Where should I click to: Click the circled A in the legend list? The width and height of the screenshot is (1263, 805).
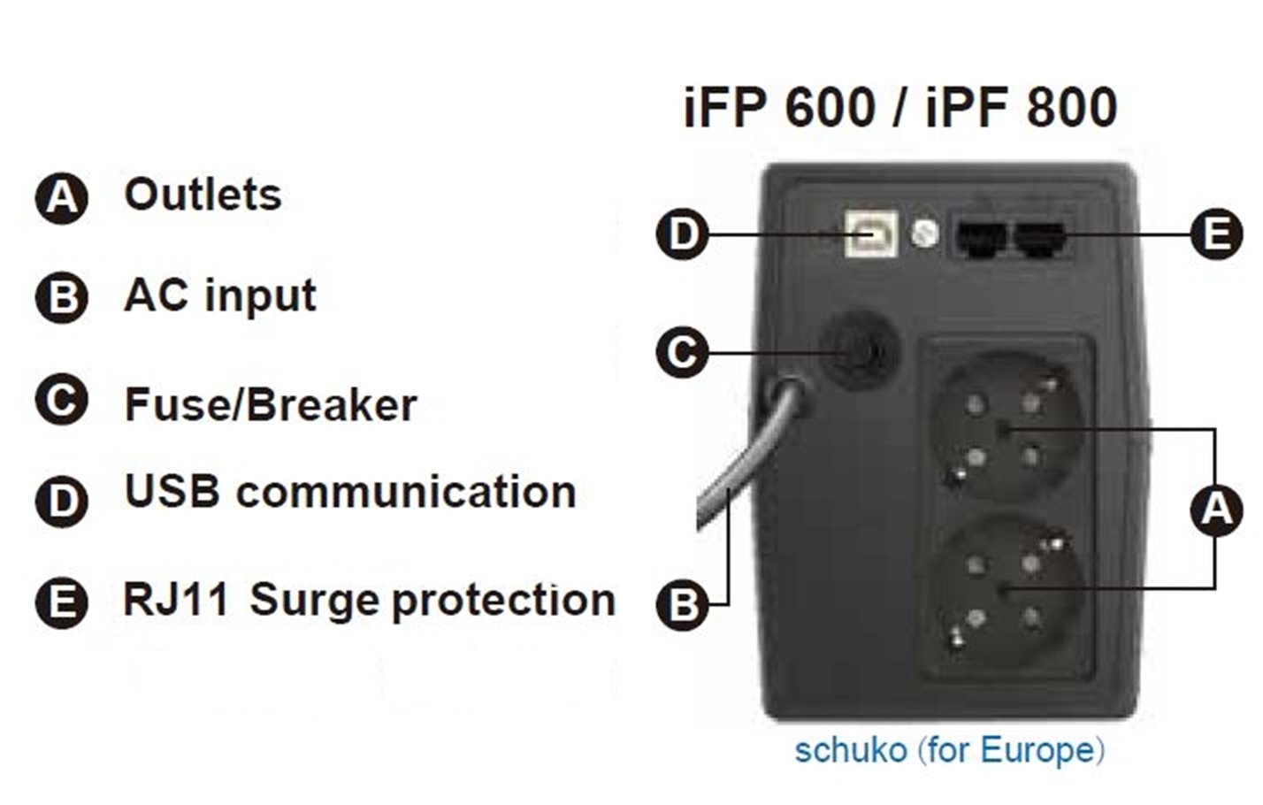click(61, 197)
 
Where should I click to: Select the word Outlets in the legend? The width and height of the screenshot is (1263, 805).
click(203, 195)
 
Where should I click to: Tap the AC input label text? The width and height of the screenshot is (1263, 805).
click(219, 295)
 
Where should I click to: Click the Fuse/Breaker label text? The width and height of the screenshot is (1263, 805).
click(271, 405)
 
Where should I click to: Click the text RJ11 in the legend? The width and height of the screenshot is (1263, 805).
click(176, 600)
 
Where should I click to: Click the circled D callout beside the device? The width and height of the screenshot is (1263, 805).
click(682, 234)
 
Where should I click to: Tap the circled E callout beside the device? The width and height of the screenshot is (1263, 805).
click(1215, 235)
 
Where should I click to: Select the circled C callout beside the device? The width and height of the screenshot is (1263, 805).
click(682, 352)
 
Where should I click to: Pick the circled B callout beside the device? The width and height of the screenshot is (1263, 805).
click(682, 604)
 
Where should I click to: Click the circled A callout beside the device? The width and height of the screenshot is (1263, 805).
click(1217, 510)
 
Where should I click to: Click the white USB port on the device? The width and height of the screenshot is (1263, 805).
click(871, 234)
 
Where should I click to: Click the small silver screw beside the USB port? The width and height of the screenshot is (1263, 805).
click(924, 233)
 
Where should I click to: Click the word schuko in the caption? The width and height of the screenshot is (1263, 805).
click(850, 750)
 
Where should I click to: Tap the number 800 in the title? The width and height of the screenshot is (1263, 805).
click(1070, 108)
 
